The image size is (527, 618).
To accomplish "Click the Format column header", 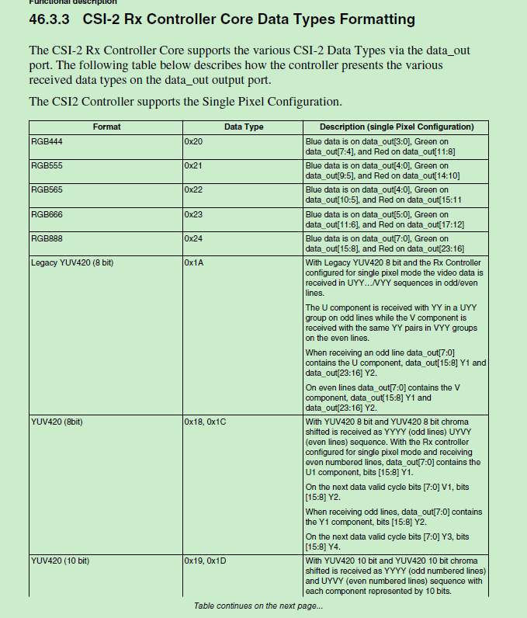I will (x=106, y=127).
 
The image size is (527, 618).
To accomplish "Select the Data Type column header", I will (x=244, y=127).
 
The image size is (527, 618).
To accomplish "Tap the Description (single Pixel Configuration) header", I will (x=397, y=127).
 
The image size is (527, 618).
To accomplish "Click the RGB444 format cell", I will (x=47, y=142).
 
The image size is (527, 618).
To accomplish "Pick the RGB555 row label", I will (x=47, y=166).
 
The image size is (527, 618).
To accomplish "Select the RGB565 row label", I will (x=47, y=189).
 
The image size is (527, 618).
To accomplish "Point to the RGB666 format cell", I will (x=47, y=214).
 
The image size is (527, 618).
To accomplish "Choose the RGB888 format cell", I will (x=47, y=238).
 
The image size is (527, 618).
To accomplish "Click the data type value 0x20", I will (x=194, y=142).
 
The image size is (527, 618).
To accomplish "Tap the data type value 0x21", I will (x=194, y=166).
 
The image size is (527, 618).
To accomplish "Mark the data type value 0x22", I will (x=194, y=189).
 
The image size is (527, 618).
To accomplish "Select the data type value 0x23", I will (x=194, y=214).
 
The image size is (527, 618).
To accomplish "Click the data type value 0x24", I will (x=194, y=238).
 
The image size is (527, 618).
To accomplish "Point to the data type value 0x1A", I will (x=194, y=263).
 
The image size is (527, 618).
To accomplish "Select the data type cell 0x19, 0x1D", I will (x=206, y=560).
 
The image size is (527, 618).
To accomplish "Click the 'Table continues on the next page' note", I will (x=258, y=606).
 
